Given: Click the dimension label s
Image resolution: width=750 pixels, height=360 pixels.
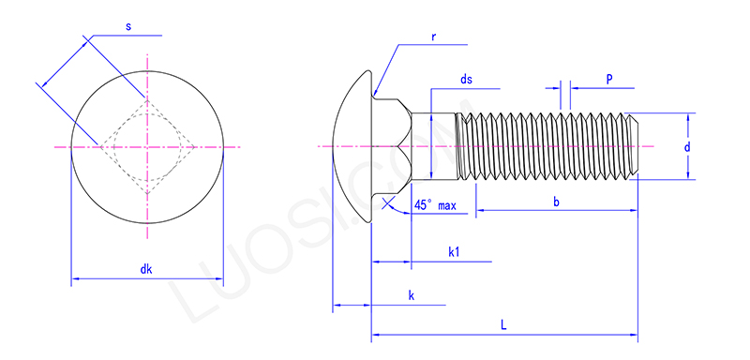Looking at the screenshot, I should coord(127,26).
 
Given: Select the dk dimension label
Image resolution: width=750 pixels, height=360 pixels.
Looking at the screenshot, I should coord(146,269).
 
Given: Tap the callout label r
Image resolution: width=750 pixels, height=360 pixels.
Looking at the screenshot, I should coord(434,37).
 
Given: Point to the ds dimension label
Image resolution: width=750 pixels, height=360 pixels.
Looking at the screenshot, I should coord(465,81).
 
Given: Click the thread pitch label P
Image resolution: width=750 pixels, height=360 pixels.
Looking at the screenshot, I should coord(609,81).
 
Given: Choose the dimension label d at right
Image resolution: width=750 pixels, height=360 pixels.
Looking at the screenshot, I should coord(687,147).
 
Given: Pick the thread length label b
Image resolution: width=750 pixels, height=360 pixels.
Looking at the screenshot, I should coord(556,202).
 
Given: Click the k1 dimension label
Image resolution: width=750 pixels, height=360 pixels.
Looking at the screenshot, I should coord(454,251).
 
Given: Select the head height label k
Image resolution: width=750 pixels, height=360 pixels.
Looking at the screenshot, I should coord(411,295).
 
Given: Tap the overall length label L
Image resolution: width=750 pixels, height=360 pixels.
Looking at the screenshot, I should coord(503,325).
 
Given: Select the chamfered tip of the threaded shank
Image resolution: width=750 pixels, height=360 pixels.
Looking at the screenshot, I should coord(634,147).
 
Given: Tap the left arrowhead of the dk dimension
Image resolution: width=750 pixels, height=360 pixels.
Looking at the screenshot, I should coord(76,278).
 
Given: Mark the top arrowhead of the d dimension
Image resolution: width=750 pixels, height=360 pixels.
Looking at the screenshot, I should coord(691,118).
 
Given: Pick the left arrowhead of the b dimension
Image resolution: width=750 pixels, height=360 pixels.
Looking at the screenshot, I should coord(480,211).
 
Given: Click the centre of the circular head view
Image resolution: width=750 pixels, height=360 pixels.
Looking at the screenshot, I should coord(147,147).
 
